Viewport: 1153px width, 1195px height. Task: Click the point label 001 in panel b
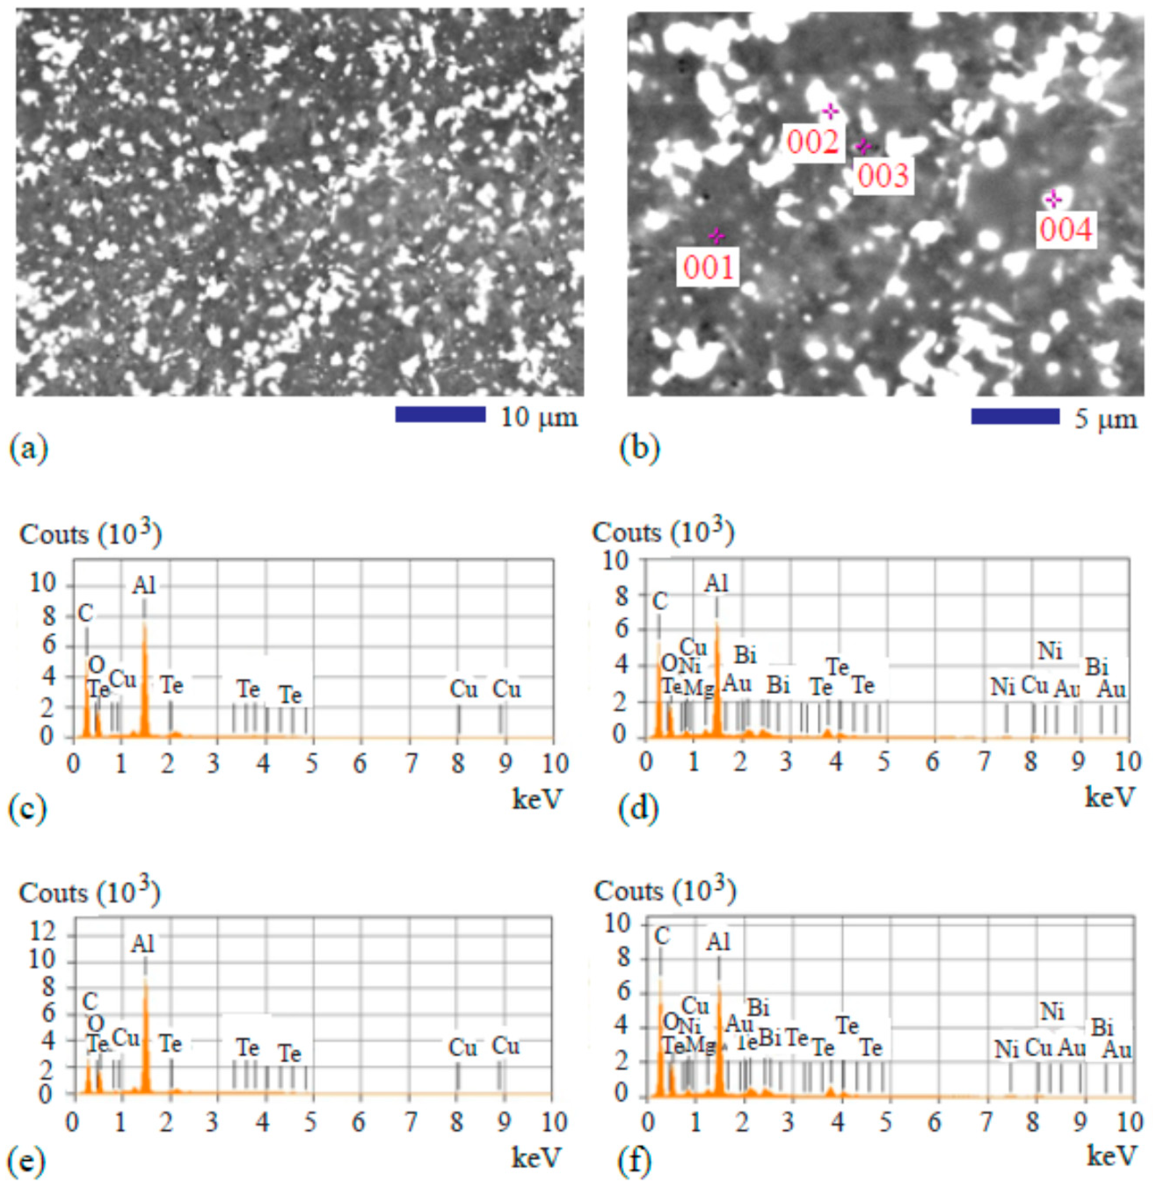(x=708, y=267)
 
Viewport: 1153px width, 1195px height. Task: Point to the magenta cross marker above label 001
(x=716, y=236)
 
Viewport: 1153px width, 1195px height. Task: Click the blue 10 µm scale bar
(x=440, y=415)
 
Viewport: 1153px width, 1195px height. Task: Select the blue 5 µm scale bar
(x=1015, y=416)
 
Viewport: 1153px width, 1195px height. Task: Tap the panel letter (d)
(x=639, y=810)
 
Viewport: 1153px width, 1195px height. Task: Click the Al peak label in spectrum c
(x=144, y=586)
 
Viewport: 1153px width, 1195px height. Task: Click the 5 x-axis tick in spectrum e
(x=311, y=1121)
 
